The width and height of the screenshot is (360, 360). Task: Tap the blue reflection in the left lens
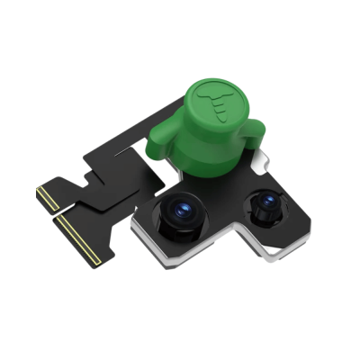(179, 210)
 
